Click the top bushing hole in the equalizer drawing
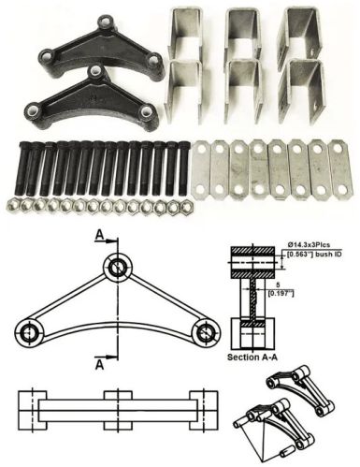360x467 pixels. (117, 268)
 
